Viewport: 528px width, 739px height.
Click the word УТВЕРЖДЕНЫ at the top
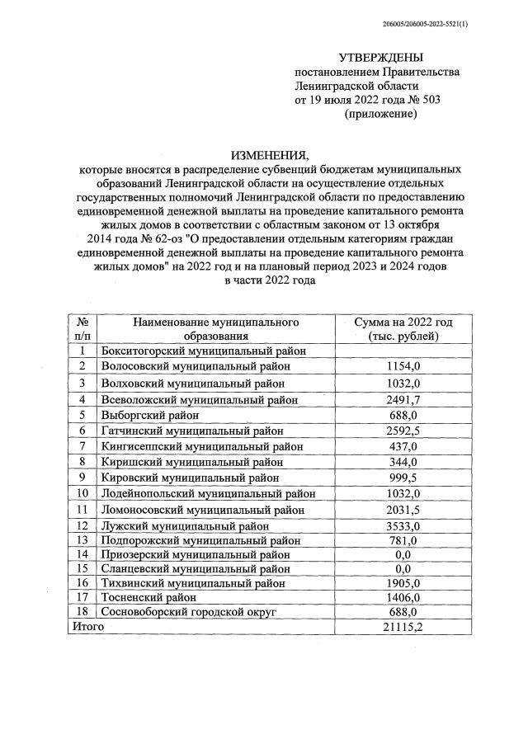click(380, 58)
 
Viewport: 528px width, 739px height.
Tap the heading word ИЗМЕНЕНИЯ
click(269, 155)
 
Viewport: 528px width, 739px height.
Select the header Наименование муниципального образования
click(214, 329)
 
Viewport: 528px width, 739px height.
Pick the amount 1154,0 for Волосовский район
click(404, 365)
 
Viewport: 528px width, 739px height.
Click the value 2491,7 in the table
click(404, 399)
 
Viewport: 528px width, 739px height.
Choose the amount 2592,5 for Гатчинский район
click(404, 431)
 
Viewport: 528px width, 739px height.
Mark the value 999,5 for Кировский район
click(404, 478)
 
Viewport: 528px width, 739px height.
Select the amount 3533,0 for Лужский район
click(404, 525)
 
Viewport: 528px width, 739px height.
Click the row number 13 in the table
click(82, 540)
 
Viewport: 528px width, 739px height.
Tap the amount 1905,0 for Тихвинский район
click(404, 581)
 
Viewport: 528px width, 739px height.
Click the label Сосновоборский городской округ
click(188, 612)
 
